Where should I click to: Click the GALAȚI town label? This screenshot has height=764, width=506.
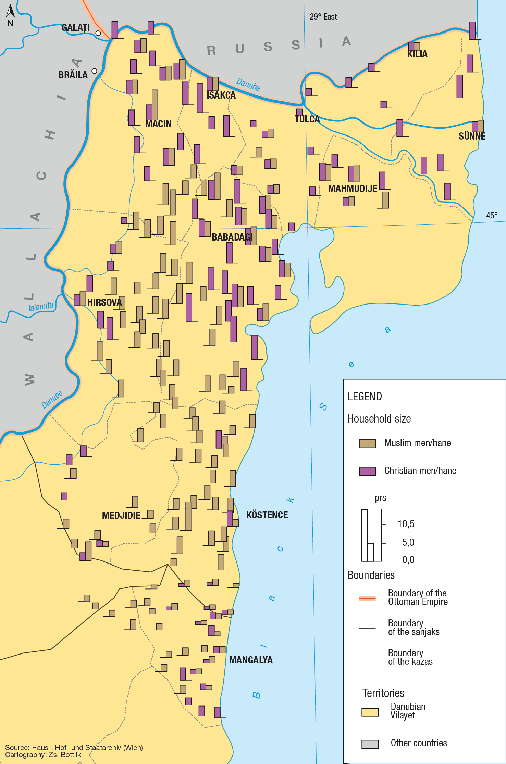(x=75, y=27)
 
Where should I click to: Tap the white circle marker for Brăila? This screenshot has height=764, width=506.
(x=94, y=71)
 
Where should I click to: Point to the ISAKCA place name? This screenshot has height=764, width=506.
(x=221, y=95)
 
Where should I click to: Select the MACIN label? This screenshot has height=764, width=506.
(x=158, y=124)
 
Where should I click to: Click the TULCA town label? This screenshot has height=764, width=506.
(x=307, y=119)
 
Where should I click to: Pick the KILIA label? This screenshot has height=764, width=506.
(x=417, y=54)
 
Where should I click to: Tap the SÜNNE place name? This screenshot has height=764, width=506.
(x=472, y=136)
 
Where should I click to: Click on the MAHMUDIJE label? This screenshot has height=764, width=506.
(x=353, y=189)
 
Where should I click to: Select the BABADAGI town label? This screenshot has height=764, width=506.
(x=232, y=237)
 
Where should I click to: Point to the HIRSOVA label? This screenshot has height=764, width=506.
(x=104, y=302)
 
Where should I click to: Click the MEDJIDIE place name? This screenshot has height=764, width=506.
(x=121, y=515)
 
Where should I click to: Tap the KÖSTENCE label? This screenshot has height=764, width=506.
(x=267, y=515)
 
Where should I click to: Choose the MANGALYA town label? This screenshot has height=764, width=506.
(x=251, y=660)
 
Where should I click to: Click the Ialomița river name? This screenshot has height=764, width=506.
(x=41, y=307)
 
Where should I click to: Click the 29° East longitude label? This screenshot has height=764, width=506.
(x=323, y=17)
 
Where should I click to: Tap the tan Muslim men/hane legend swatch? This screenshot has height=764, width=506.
(x=367, y=443)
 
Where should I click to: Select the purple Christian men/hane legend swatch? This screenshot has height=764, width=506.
(x=367, y=471)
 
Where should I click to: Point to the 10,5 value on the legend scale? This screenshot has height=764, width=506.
(x=406, y=524)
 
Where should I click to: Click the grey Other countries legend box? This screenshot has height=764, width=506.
(x=370, y=744)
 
